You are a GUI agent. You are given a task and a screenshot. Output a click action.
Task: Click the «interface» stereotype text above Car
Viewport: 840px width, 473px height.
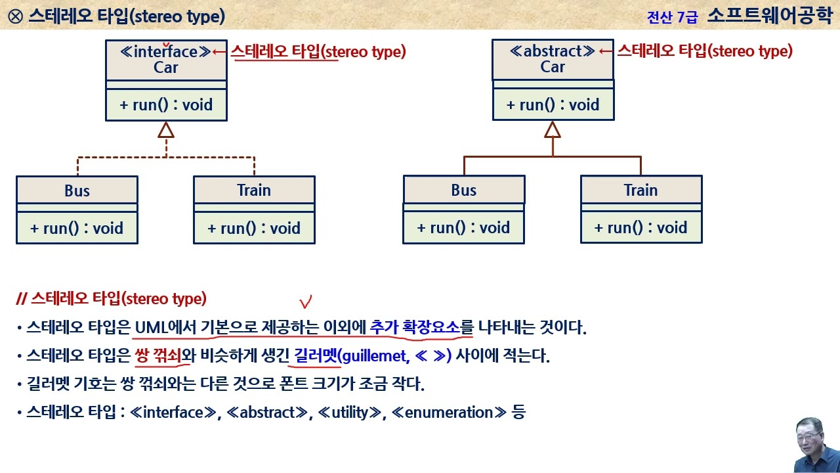(x=166, y=52)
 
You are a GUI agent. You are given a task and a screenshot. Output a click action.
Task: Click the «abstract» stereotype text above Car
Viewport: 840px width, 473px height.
(x=553, y=51)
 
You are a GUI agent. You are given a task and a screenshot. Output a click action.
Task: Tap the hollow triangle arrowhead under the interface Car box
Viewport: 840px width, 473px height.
(x=166, y=130)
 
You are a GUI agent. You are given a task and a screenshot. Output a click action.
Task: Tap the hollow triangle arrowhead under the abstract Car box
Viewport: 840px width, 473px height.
(x=553, y=130)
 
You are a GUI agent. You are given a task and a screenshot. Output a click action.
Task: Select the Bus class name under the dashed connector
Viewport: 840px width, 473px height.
(x=77, y=191)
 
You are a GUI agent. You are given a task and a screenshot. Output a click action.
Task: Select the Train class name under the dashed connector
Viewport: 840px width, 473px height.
(x=254, y=191)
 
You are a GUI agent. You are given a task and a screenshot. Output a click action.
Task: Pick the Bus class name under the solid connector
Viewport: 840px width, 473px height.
(x=463, y=191)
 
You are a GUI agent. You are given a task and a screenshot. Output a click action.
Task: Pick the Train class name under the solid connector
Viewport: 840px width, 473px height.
(x=640, y=191)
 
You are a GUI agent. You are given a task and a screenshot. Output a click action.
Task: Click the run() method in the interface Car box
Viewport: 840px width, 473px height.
(x=166, y=104)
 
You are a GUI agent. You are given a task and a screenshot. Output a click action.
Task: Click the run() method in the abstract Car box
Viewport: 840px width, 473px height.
(x=553, y=104)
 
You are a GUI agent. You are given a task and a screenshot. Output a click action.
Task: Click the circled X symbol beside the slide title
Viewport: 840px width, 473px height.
(x=14, y=16)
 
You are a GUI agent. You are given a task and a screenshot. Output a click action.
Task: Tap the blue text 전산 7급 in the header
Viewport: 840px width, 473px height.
(x=672, y=18)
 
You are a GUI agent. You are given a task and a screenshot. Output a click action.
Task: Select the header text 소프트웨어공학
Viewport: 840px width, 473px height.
(x=769, y=16)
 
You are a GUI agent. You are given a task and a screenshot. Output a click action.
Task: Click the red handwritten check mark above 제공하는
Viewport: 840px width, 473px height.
(x=305, y=302)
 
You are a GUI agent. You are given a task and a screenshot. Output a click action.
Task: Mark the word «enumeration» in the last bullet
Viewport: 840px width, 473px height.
(x=450, y=413)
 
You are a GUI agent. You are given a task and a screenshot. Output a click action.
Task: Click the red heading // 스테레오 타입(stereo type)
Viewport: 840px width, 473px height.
(x=111, y=299)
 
